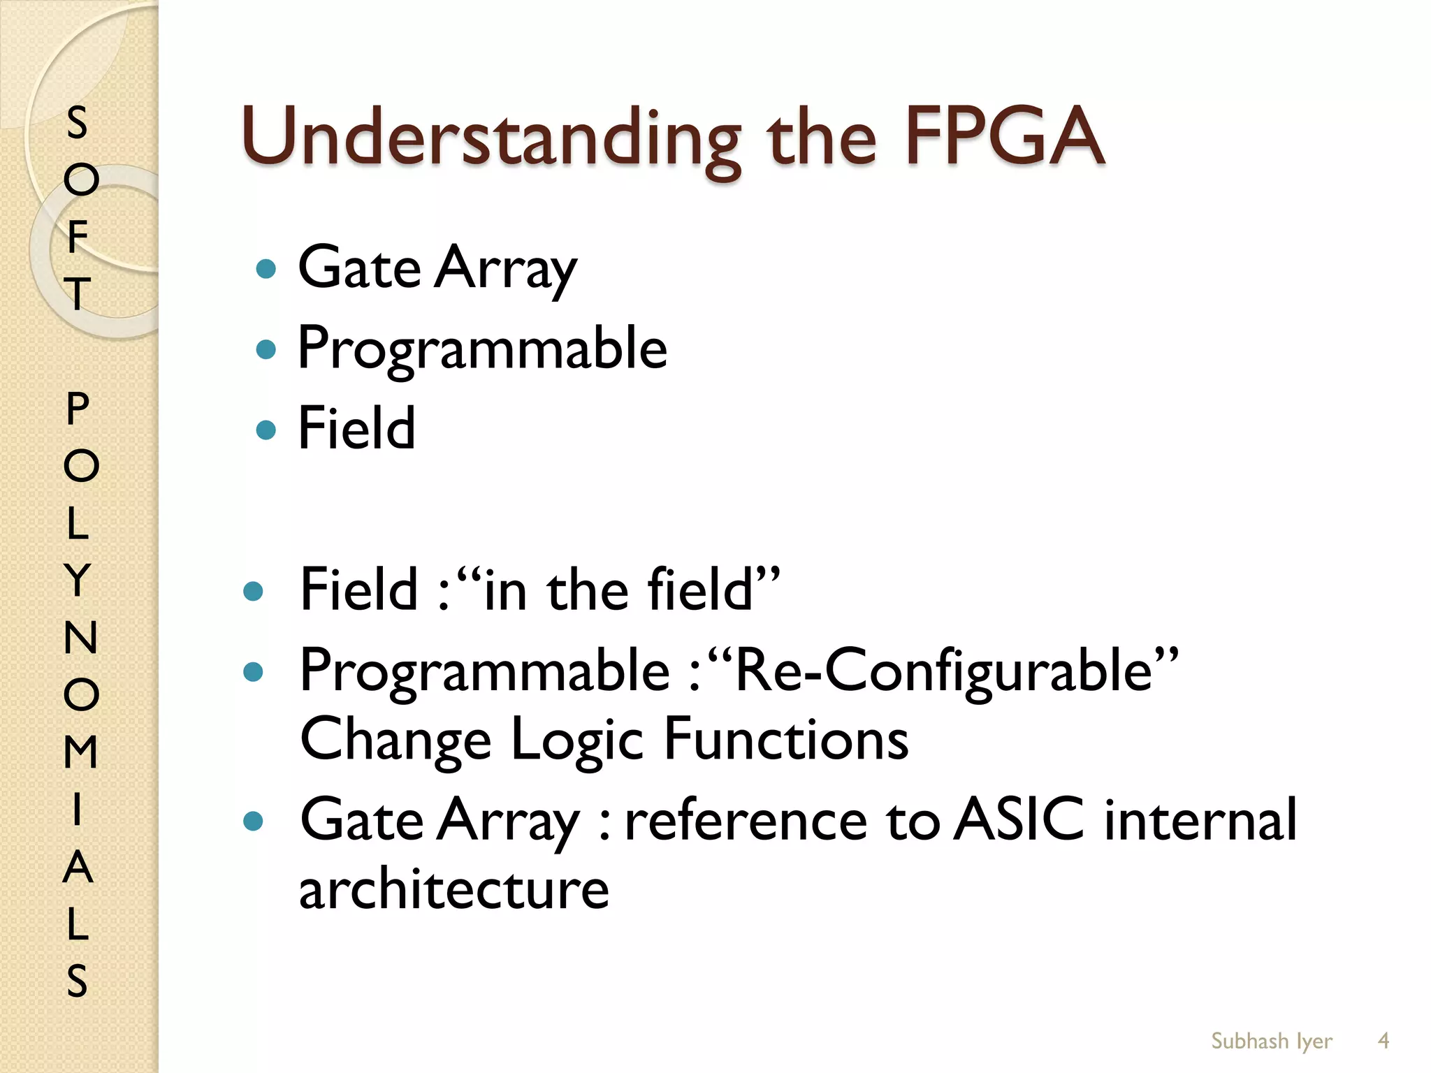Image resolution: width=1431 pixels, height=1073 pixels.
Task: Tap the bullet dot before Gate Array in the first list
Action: click(x=266, y=268)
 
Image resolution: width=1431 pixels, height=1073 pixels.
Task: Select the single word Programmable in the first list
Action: click(x=482, y=348)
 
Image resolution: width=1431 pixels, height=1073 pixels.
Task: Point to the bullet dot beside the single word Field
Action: click(x=266, y=429)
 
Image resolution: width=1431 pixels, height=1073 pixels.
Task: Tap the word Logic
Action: click(x=577, y=739)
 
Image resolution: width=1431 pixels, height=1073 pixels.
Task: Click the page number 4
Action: click(x=1383, y=1041)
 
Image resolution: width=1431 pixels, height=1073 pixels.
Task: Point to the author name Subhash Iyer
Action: click(x=1272, y=1041)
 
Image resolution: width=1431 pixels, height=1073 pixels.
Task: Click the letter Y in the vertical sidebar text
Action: click(x=78, y=580)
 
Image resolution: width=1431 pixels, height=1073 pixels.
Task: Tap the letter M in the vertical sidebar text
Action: click(x=80, y=752)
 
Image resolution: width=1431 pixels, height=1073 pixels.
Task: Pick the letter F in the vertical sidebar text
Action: click(x=78, y=236)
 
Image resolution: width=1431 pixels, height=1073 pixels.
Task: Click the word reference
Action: click(x=746, y=820)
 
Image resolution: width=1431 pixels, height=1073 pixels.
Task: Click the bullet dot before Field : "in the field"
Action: click(x=253, y=592)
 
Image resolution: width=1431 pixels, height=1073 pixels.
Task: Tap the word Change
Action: click(x=395, y=739)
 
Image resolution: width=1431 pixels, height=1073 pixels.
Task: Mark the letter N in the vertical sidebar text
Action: click(x=80, y=637)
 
